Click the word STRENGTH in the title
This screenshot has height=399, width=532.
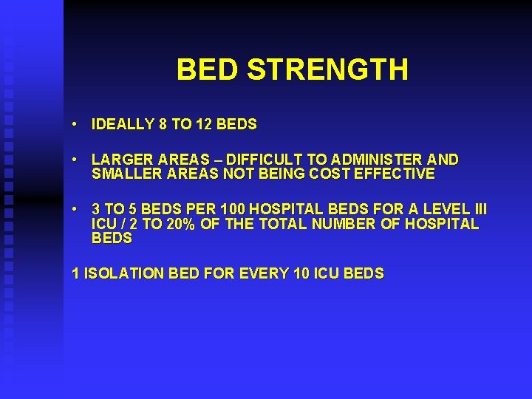[327, 69]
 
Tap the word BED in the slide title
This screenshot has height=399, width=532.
[208, 69]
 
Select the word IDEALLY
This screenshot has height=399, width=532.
[123, 125]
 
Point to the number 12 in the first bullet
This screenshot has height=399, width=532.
[205, 125]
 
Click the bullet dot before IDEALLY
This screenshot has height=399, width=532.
[76, 124]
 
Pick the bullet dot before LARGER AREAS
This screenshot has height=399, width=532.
[76, 159]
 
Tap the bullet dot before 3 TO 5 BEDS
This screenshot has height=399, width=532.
[76, 208]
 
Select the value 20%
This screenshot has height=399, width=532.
[182, 224]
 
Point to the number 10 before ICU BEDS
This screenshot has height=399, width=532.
[301, 273]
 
